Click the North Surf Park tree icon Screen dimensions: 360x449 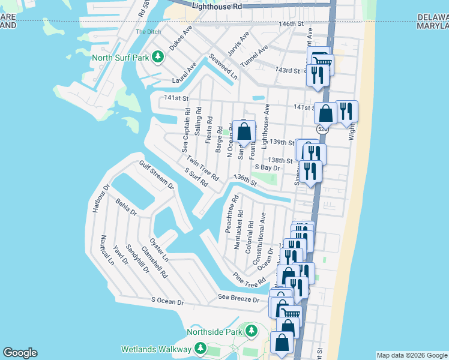tap(158, 58)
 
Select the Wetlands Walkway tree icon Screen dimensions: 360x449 tap(201, 349)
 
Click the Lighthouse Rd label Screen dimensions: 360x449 tap(217, 6)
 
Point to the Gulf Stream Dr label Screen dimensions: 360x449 tap(156, 175)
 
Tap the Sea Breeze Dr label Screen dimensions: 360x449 tap(238, 298)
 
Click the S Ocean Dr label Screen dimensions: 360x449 tap(167, 301)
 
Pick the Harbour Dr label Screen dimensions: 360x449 tap(98, 199)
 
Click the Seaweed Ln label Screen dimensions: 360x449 tap(223, 67)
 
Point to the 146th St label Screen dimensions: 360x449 tap(292, 23)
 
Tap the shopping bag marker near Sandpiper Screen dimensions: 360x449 tap(244, 132)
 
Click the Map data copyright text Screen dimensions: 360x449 tap(412, 355)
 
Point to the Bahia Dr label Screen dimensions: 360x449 tap(127, 208)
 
